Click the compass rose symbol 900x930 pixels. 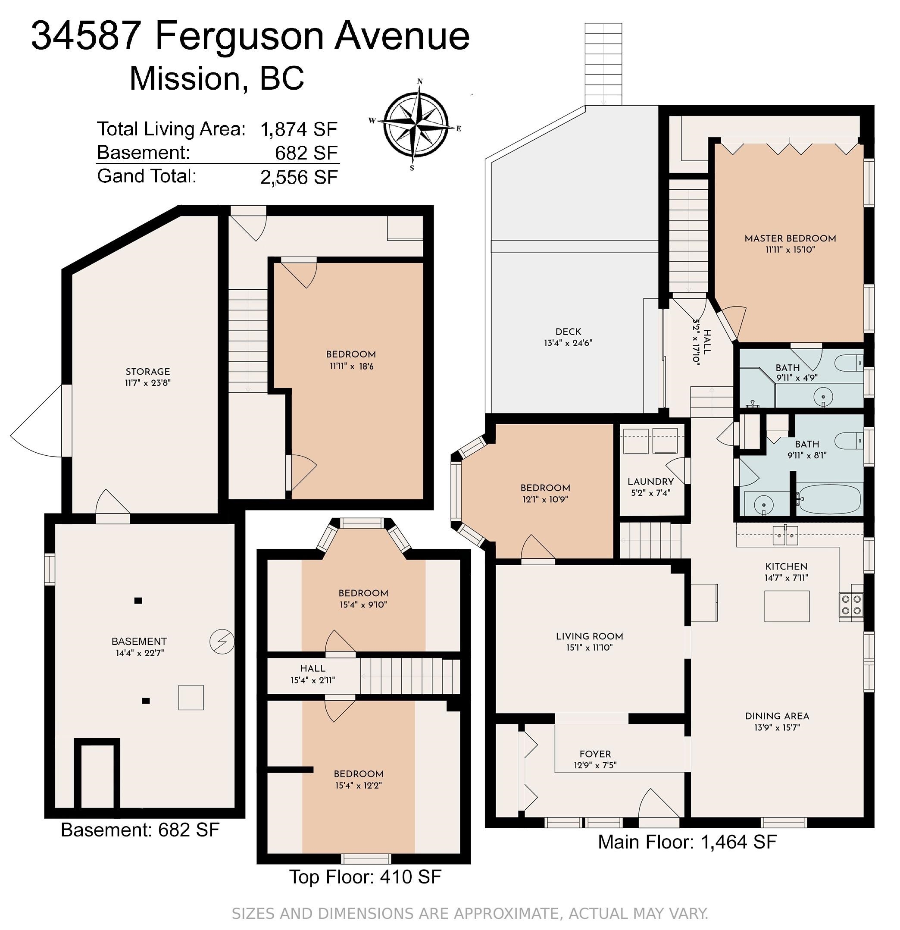(416, 124)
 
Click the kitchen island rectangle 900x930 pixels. (787, 606)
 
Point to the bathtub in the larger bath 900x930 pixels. (828, 499)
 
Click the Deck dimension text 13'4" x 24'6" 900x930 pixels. (568, 343)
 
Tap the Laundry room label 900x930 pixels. (650, 482)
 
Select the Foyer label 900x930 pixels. (595, 754)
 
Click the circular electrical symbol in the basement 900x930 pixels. (222, 642)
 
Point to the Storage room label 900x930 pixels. (147, 372)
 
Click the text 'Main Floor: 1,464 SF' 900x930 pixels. (687, 855)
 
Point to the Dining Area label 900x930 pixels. (777, 716)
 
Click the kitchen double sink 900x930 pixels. (786, 535)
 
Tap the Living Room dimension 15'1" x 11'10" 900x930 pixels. (589, 647)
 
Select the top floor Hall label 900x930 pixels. (312, 668)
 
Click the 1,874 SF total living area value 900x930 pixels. (299, 129)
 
